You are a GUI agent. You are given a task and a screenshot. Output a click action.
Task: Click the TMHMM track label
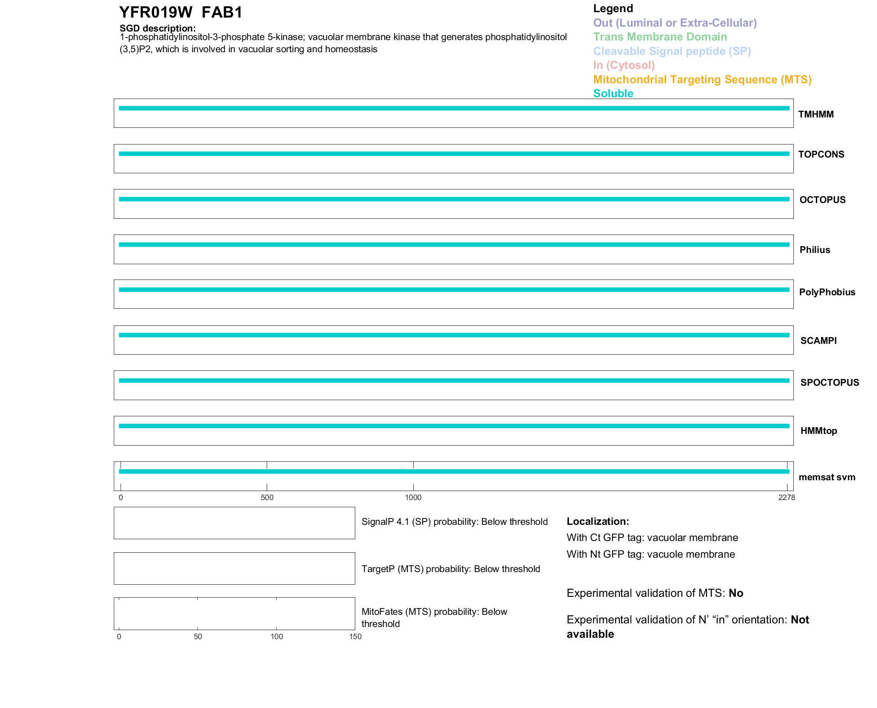click(815, 114)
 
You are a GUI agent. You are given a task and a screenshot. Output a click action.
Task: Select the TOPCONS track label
click(821, 154)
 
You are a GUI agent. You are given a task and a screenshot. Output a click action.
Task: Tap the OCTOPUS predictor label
click(822, 200)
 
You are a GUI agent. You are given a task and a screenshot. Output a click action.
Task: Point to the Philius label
click(814, 250)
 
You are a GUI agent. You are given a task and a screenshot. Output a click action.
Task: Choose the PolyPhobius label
click(827, 292)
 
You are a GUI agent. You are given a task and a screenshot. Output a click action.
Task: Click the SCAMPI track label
click(818, 341)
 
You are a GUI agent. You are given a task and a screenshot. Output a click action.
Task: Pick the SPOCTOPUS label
click(829, 383)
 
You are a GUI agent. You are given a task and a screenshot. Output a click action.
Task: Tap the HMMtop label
click(819, 431)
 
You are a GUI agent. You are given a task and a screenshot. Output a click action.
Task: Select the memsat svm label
click(827, 477)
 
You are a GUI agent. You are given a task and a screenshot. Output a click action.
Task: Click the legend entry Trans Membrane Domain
click(660, 37)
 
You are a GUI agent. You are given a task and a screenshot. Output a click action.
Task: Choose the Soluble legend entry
click(613, 94)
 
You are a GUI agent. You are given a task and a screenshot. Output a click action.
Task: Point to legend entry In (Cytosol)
click(624, 65)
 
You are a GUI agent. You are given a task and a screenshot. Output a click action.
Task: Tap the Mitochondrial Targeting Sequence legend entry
click(702, 80)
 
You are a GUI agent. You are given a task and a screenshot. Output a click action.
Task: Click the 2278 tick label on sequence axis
click(787, 497)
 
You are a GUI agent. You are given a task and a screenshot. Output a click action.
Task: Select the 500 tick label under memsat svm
click(267, 497)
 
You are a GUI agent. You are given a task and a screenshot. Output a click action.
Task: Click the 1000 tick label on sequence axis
click(413, 497)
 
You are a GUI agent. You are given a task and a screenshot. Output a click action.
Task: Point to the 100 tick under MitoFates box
click(277, 636)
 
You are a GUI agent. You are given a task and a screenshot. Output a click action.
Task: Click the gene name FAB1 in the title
click(222, 13)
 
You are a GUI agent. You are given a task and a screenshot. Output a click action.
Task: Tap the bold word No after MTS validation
click(736, 593)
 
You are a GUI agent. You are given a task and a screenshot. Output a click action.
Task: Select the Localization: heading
click(598, 522)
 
